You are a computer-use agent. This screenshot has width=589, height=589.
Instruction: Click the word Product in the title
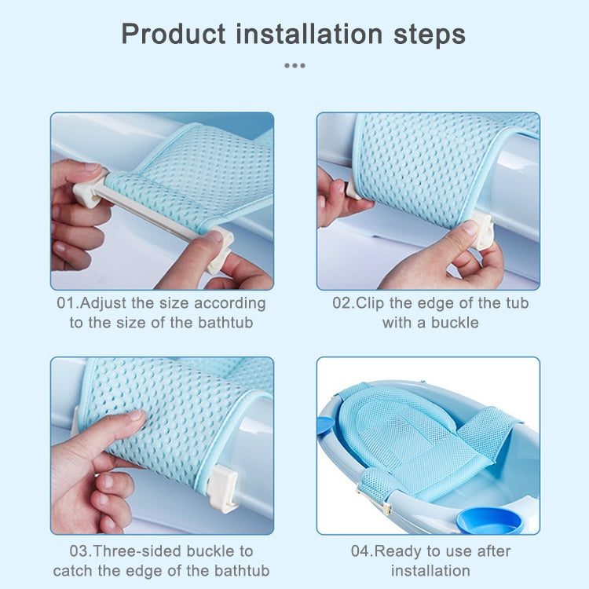click(174, 35)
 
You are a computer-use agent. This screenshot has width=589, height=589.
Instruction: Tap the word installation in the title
click(309, 34)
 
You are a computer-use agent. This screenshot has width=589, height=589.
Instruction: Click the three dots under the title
click(294, 65)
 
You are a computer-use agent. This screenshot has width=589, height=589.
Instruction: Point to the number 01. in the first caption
click(68, 303)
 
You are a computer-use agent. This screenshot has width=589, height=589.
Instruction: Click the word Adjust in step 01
click(103, 303)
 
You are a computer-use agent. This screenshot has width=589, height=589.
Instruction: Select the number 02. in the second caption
click(343, 303)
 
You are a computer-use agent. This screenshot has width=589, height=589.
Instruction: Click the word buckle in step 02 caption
click(455, 323)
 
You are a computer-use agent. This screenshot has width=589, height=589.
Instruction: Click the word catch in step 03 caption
click(73, 571)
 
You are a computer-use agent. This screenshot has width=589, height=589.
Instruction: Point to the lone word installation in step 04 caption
click(430, 571)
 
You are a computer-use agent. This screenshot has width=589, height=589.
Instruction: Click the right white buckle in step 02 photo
click(482, 230)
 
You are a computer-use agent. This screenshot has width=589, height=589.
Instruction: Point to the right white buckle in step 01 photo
click(221, 248)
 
